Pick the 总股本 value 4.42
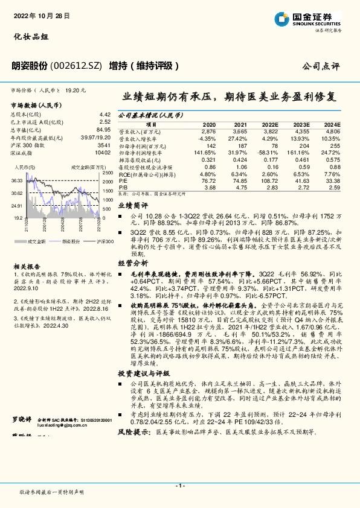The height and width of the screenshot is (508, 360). pyautogui.click(x=104, y=114)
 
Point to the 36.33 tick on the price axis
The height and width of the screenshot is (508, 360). pyautogui.click(x=18, y=180)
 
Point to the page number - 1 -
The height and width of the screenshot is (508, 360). pyautogui.click(x=179, y=486)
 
